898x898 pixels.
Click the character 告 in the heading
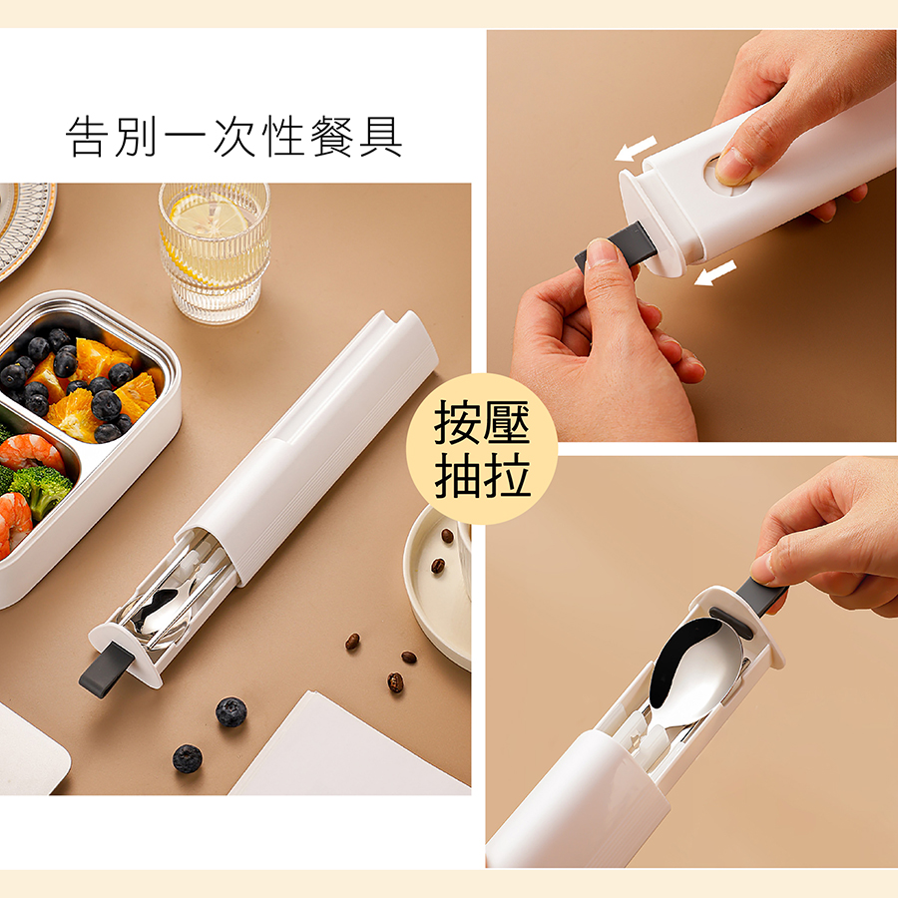tap(88, 137)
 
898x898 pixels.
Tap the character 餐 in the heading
tap(331, 137)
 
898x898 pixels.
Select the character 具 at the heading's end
tap(381, 137)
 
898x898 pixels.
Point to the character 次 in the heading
tap(234, 137)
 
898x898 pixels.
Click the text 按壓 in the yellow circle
tap(482, 423)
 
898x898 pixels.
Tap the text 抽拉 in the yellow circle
tap(482, 475)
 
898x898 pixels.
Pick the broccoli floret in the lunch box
tap(41, 488)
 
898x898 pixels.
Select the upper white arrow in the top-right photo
tap(636, 148)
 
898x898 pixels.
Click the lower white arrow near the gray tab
tap(714, 272)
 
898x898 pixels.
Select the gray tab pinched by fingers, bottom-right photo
tap(760, 595)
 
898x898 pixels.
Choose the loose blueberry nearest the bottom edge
tap(188, 758)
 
